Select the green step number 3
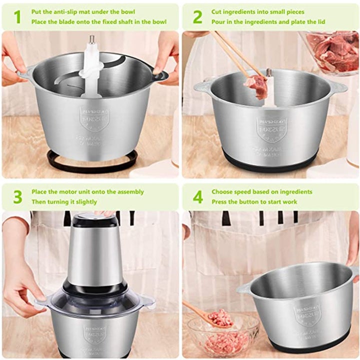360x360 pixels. (17, 196)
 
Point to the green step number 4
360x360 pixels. (198, 196)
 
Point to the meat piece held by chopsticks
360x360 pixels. (256, 85)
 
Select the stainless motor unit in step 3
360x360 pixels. (95, 250)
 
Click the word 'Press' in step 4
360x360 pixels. (220, 202)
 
